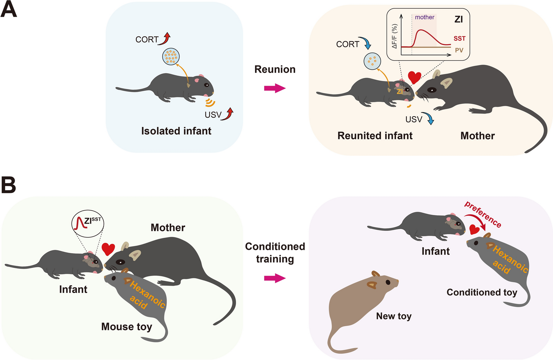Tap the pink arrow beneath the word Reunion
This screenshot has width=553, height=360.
pos(275,88)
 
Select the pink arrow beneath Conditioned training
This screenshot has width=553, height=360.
pos(275,278)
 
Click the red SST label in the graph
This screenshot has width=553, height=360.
pos(459,39)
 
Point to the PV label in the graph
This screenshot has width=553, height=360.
pos(459,50)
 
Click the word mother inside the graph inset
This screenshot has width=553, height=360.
pos(424,17)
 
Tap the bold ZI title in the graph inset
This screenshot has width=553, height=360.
pos(458,19)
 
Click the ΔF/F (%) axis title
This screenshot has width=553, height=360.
pos(395,36)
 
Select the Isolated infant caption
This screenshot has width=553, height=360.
pos(176,131)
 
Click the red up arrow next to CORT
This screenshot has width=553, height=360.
pos(165,39)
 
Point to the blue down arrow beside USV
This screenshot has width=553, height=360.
pos(429,118)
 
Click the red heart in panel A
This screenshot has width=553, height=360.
pos(414,77)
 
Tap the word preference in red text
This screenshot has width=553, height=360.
pos(483,215)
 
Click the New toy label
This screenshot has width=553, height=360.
pos(394,316)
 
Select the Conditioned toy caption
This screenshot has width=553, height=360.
pos(482,292)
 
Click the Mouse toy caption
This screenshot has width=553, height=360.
pos(127,327)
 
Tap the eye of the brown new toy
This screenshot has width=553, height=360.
pos(388,282)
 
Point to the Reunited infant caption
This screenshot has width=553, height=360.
pos(375,136)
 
